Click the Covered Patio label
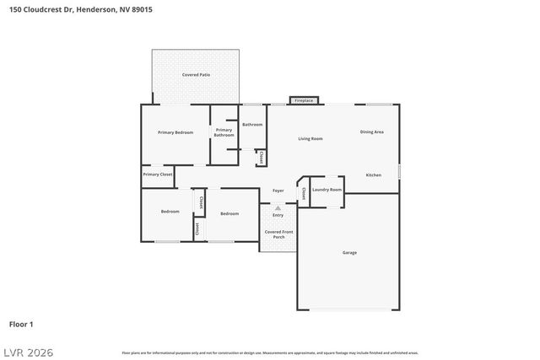click(x=196, y=75)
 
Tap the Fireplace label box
click(x=304, y=100)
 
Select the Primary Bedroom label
click(x=175, y=132)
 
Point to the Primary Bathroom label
click(x=224, y=132)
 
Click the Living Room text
click(x=310, y=138)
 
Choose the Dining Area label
click(x=372, y=132)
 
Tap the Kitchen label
click(x=373, y=175)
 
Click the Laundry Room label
click(x=327, y=190)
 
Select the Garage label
click(x=348, y=253)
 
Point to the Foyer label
click(x=278, y=191)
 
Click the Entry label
click(x=278, y=215)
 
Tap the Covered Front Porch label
click(x=278, y=234)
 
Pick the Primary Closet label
click(x=157, y=174)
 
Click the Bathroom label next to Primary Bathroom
click(x=252, y=124)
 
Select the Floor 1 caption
click(x=21, y=324)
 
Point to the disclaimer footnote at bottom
click(x=269, y=352)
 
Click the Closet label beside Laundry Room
click(x=303, y=193)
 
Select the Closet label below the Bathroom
click(x=262, y=158)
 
